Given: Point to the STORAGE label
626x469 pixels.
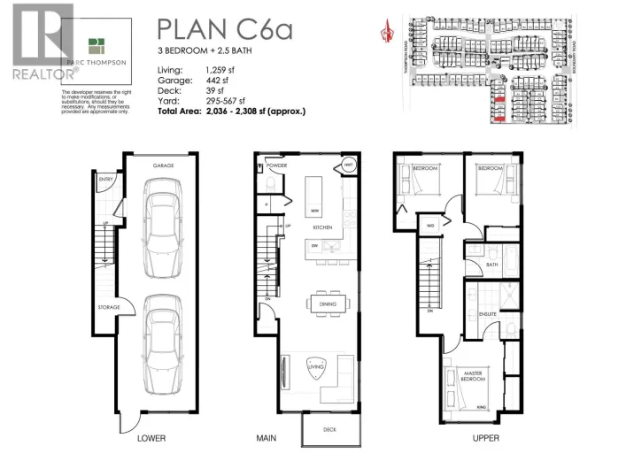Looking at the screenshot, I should coord(110,308).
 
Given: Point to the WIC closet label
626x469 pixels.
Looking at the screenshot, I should coord(431,226).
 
